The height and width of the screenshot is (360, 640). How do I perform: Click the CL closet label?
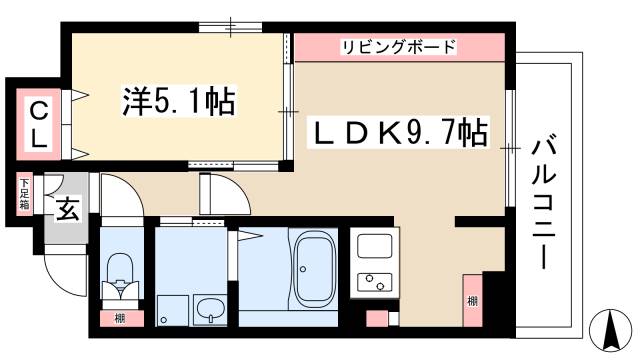click(36, 122)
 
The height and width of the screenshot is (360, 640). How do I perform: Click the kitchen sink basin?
click(374, 246)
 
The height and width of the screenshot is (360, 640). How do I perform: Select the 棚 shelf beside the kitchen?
click(469, 301)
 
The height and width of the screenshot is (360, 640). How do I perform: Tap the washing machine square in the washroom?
click(170, 310)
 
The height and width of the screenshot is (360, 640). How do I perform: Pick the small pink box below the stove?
click(377, 319)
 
